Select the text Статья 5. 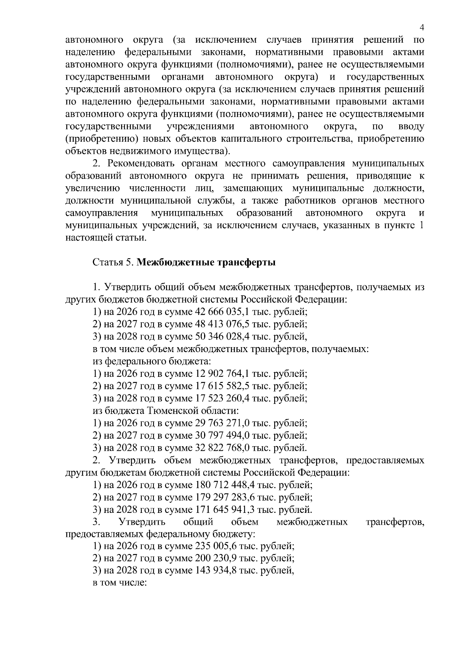point(113,263)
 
